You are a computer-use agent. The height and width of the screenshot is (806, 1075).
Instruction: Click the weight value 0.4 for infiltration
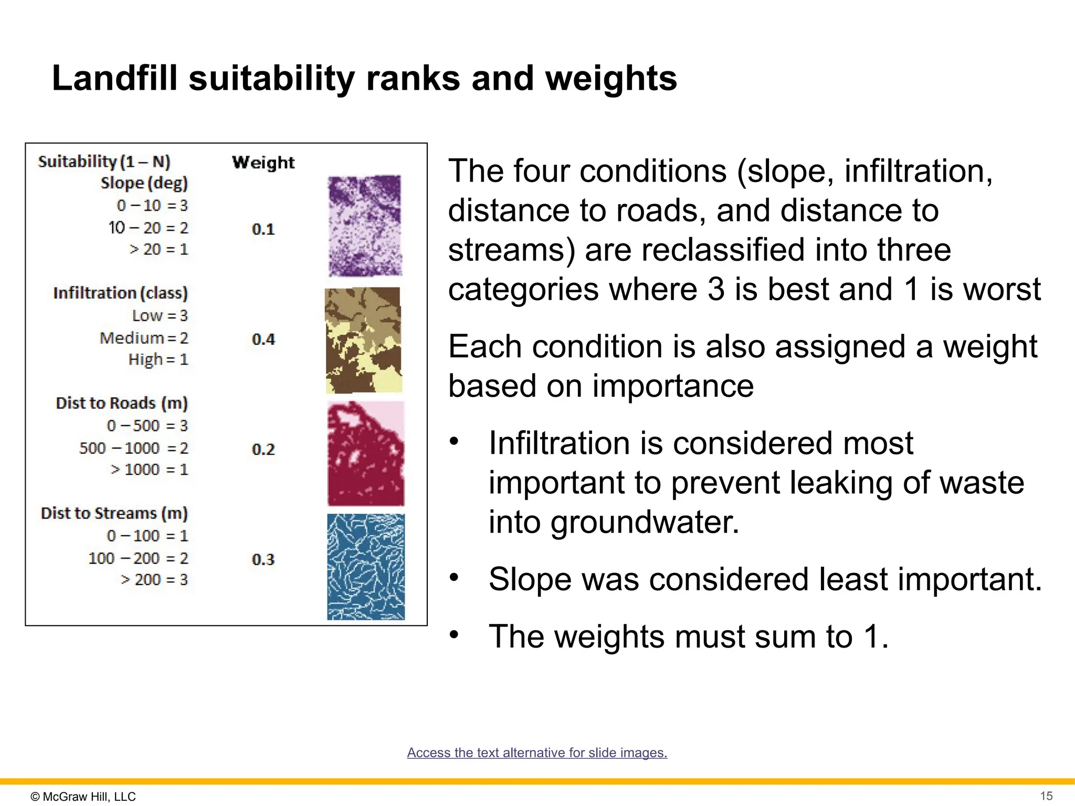pyautogui.click(x=263, y=340)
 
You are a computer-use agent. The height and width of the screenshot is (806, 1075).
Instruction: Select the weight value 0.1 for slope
pyautogui.click(x=263, y=229)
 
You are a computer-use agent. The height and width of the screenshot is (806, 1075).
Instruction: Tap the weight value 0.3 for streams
pyautogui.click(x=263, y=560)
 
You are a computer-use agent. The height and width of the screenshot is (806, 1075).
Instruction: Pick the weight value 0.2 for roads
pyautogui.click(x=263, y=450)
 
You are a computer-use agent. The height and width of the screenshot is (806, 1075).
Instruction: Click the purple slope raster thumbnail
pyautogui.click(x=365, y=226)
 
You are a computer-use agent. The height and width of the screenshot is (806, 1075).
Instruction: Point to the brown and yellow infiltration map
pyautogui.click(x=363, y=340)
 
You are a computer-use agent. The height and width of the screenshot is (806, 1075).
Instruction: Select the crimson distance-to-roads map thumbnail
pyautogui.click(x=366, y=453)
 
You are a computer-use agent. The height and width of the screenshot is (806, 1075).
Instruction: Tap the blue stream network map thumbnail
pyautogui.click(x=366, y=567)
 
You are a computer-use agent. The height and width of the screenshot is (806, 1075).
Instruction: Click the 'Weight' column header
pyautogui.click(x=263, y=163)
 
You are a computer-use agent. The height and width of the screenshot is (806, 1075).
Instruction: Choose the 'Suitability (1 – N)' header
pyautogui.click(x=104, y=162)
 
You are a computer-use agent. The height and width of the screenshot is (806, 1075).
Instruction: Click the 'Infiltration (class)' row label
pyautogui.click(x=120, y=293)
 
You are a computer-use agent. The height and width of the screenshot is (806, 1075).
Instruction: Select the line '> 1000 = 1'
pyautogui.click(x=149, y=470)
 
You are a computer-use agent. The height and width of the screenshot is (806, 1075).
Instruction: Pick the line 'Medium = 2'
pyautogui.click(x=144, y=338)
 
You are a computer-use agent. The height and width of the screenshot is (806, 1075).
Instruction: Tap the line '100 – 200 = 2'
pyautogui.click(x=138, y=558)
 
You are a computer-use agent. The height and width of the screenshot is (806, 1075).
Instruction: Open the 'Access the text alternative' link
pyautogui.click(x=537, y=752)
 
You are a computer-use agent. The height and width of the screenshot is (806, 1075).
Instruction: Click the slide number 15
pyautogui.click(x=1046, y=796)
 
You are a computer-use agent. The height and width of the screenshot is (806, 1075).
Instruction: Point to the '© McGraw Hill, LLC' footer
pyautogui.click(x=83, y=797)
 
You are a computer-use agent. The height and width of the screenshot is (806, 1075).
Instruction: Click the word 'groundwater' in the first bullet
pyautogui.click(x=645, y=523)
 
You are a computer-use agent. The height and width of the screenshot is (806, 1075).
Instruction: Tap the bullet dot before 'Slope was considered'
pyautogui.click(x=454, y=577)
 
